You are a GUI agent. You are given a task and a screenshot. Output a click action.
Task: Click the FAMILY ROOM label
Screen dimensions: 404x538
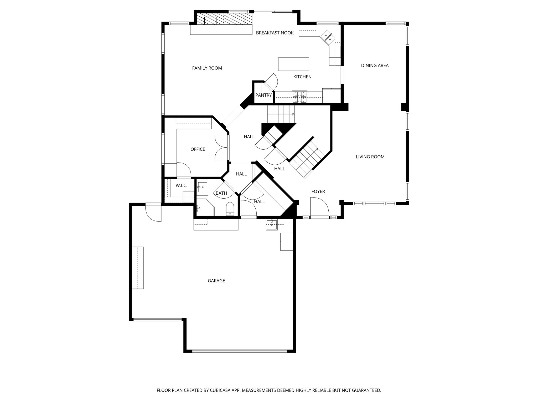(x=207, y=68)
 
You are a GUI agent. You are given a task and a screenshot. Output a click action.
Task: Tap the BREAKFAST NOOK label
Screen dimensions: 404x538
(x=275, y=33)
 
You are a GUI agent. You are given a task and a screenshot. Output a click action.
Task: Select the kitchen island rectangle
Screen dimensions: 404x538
(x=293, y=64)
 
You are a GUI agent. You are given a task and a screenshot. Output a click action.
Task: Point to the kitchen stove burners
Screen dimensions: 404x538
(x=299, y=97)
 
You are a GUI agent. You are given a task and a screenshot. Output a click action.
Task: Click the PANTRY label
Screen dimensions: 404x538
(x=263, y=95)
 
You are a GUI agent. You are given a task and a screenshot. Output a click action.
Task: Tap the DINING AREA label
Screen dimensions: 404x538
(x=375, y=65)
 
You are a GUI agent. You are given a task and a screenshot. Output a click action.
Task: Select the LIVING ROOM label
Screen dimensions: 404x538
(x=370, y=157)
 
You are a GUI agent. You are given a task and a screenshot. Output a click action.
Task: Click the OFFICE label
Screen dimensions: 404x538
(x=198, y=149)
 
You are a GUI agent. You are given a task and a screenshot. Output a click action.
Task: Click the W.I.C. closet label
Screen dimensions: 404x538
(x=181, y=186)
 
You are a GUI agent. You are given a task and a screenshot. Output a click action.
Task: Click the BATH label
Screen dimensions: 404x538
(x=221, y=193)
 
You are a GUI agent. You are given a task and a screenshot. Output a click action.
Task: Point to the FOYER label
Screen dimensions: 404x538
(x=318, y=191)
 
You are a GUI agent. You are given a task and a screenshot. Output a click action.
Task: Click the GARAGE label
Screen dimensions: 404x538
(x=216, y=281)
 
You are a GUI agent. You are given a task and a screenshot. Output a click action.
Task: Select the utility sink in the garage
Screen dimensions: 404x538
(x=272, y=225)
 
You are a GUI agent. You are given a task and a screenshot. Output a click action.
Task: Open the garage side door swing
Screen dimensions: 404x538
(x=153, y=213)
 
